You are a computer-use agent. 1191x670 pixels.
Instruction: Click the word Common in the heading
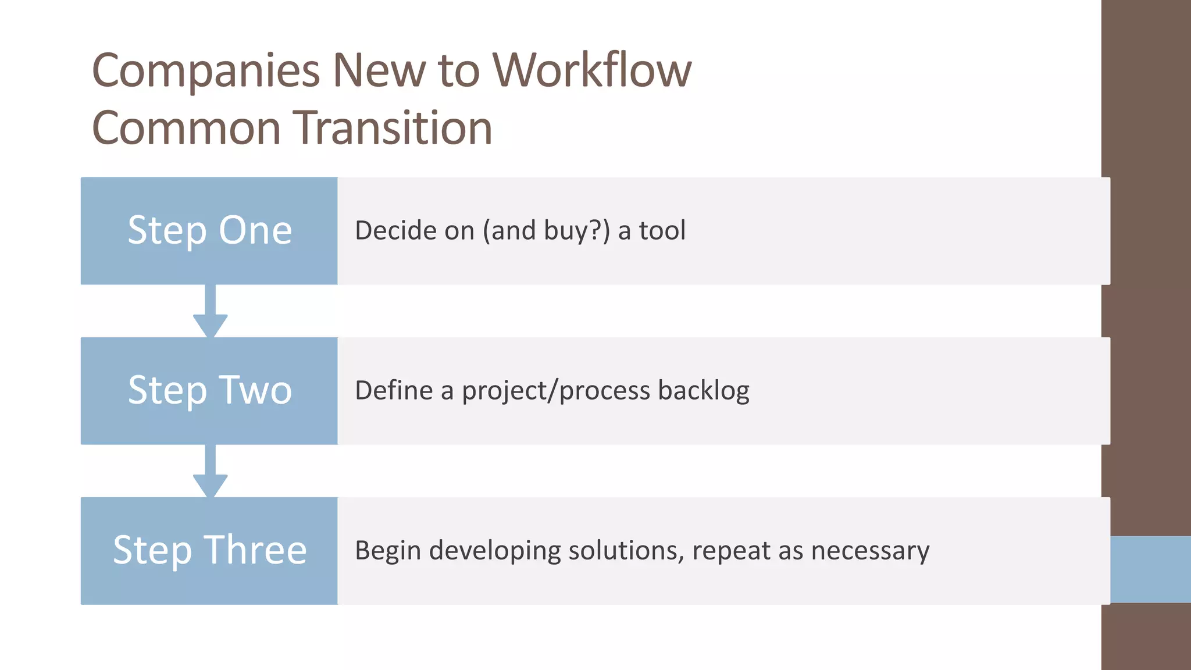186,128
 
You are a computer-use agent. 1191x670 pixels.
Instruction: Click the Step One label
209,230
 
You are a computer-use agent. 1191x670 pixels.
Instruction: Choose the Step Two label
209,390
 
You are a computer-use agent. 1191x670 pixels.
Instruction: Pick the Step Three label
209,550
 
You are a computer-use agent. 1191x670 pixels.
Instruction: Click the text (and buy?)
546,230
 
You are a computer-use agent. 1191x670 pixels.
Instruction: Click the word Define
394,390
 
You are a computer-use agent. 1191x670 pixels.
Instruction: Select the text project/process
556,390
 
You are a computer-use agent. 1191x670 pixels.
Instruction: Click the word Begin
388,550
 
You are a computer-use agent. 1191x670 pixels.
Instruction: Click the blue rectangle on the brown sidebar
1150,569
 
